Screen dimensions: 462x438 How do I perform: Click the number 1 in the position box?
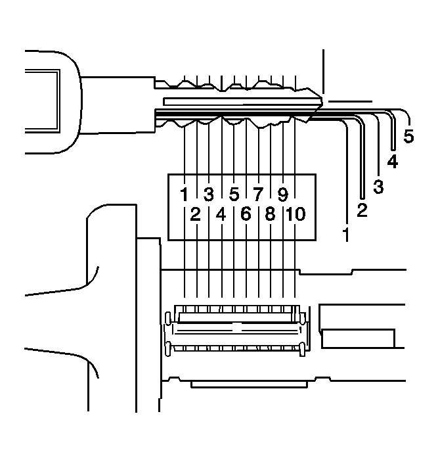pos(185,194)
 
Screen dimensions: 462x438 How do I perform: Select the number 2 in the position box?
pos(195,214)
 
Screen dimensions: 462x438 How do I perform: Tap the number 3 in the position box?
pos(209,194)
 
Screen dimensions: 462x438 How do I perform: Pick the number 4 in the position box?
pos(221,214)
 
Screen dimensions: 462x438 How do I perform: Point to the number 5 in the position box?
pos(234,194)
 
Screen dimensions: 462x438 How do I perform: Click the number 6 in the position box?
pos(246,214)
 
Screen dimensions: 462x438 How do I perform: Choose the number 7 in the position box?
pos(258,194)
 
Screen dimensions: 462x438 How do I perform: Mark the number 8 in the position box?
pos(271,214)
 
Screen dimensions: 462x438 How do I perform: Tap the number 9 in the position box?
pos(282,194)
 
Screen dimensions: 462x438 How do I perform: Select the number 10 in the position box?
pos(296,214)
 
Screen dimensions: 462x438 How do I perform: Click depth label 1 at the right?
pos(345,232)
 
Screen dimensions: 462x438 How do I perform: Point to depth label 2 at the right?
pos(361,210)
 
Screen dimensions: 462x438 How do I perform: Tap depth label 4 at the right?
pos(393,160)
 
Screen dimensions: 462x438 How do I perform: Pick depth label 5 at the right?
pos(408,137)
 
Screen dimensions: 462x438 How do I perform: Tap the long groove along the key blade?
pos(236,102)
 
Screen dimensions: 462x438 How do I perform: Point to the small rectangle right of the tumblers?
pos(358,338)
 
